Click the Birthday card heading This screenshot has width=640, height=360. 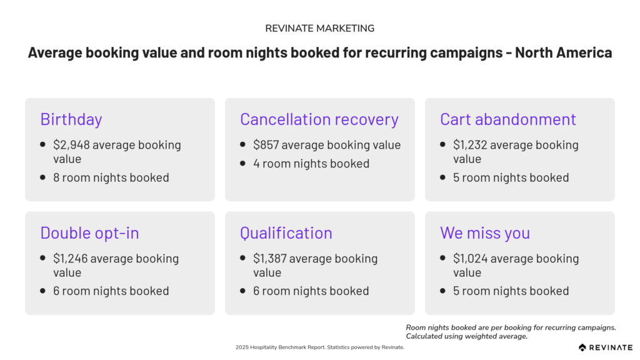pyautogui.click(x=71, y=119)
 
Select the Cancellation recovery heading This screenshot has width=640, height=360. pyautogui.click(x=319, y=119)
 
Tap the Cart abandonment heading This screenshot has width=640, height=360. pyautogui.click(x=507, y=119)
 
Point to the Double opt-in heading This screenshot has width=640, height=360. pyautogui.click(x=89, y=233)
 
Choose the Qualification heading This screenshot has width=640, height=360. pyautogui.click(x=286, y=233)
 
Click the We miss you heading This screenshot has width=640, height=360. pyautogui.click(x=485, y=233)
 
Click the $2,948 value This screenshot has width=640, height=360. pyautogui.click(x=71, y=145)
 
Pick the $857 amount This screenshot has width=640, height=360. pyautogui.click(x=266, y=145)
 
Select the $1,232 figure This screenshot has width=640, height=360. pyautogui.click(x=470, y=145)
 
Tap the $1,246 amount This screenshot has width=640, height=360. pyautogui.click(x=70, y=258)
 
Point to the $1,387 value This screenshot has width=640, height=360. pyautogui.click(x=269, y=258)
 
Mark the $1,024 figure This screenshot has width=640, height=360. pyautogui.click(x=470, y=258)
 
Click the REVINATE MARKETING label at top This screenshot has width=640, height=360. pyautogui.click(x=319, y=29)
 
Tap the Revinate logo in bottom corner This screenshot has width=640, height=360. pyautogui.click(x=605, y=347)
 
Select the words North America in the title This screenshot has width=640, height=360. pyautogui.click(x=563, y=52)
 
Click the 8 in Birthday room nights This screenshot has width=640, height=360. pyautogui.click(x=56, y=177)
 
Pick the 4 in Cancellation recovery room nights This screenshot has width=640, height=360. pyautogui.click(x=256, y=164)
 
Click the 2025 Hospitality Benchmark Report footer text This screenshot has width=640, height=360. pyautogui.click(x=281, y=347)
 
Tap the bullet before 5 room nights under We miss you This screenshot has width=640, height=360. pyautogui.click(x=443, y=291)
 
